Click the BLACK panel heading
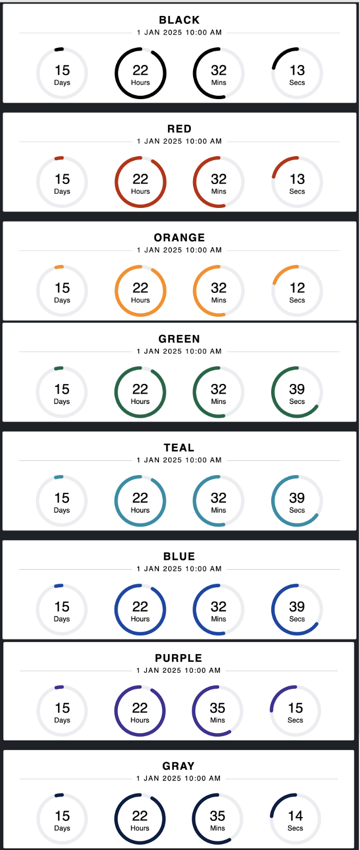tap(179, 21)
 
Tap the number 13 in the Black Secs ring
tap(297, 71)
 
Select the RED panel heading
tap(179, 129)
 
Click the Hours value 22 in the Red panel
tap(140, 179)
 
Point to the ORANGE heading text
tap(179, 238)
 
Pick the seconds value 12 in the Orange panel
tap(297, 288)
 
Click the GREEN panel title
tap(179, 339)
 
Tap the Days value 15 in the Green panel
tap(62, 389)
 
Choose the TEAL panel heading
tap(179, 448)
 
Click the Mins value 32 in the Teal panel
tap(219, 498)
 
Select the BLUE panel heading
tap(179, 557)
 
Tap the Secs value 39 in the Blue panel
tap(297, 607)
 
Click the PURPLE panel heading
tap(178, 658)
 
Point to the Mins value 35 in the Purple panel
tap(218, 708)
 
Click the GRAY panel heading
tap(178, 766)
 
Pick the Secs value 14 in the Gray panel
tap(295, 816)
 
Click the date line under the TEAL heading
tap(179, 460)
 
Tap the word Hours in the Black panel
tap(140, 83)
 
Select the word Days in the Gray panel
tap(62, 828)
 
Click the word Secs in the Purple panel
tap(295, 720)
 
